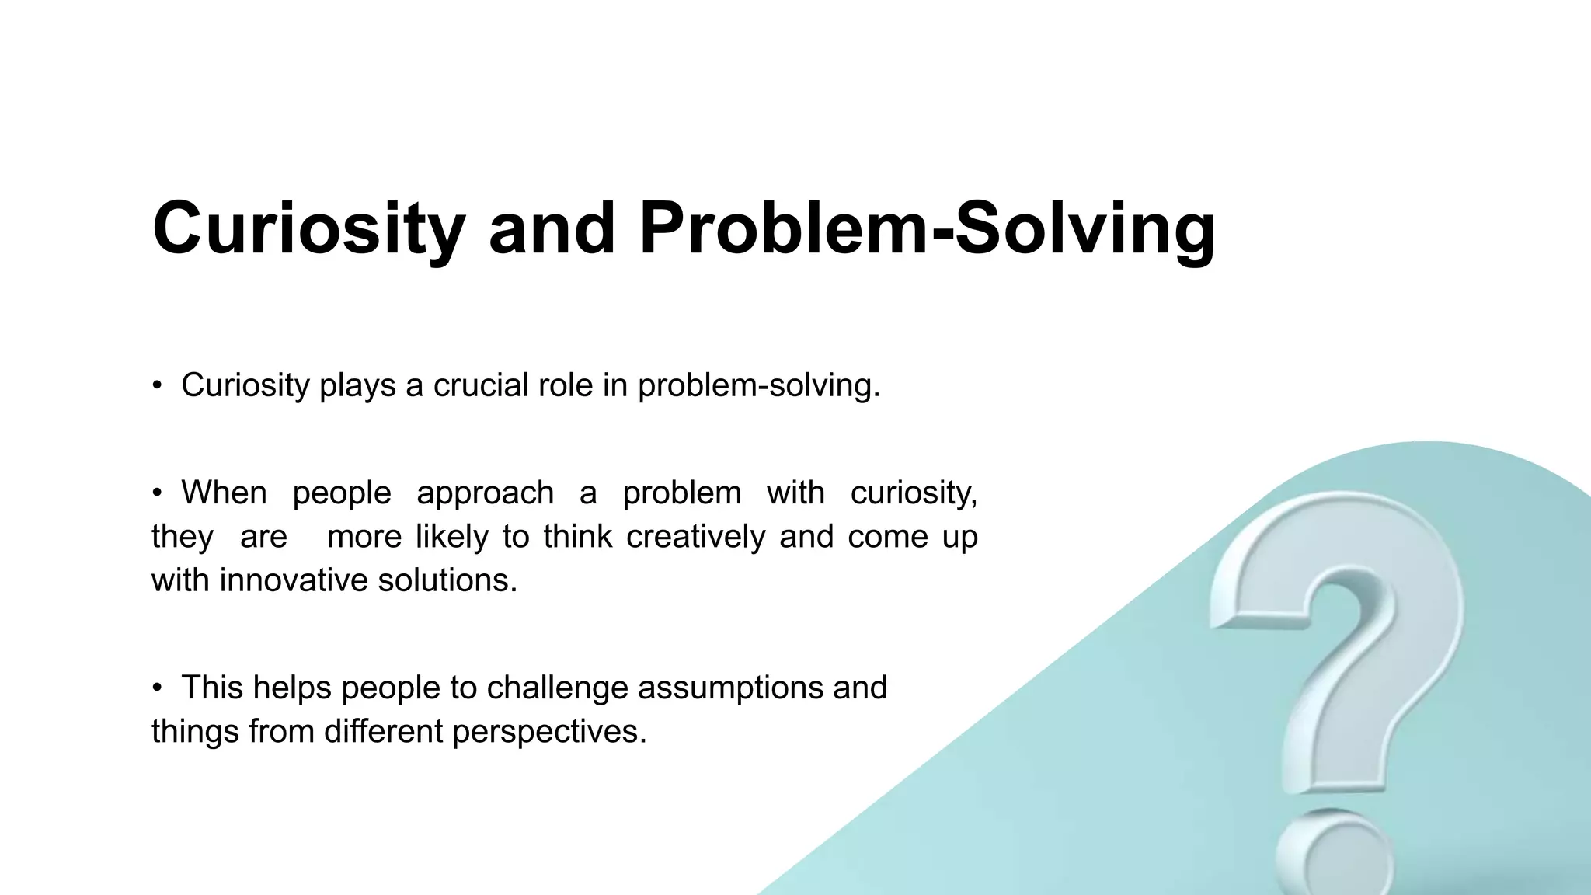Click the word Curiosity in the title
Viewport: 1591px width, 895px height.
(x=308, y=229)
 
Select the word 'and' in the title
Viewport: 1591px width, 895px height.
(x=552, y=228)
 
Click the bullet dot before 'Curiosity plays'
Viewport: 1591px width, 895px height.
(x=157, y=385)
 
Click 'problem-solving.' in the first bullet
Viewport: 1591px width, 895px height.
(x=759, y=386)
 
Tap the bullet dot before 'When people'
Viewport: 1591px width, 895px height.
(x=157, y=493)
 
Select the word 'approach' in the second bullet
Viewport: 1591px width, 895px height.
(x=485, y=493)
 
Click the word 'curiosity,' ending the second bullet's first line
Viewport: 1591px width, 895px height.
(x=914, y=493)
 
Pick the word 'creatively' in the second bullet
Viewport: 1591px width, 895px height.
(x=695, y=537)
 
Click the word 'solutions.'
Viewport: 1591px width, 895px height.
(x=447, y=580)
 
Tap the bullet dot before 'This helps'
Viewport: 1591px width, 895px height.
(x=157, y=688)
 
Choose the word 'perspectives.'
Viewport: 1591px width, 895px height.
(x=549, y=731)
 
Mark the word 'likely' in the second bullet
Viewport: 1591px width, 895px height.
(x=451, y=537)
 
